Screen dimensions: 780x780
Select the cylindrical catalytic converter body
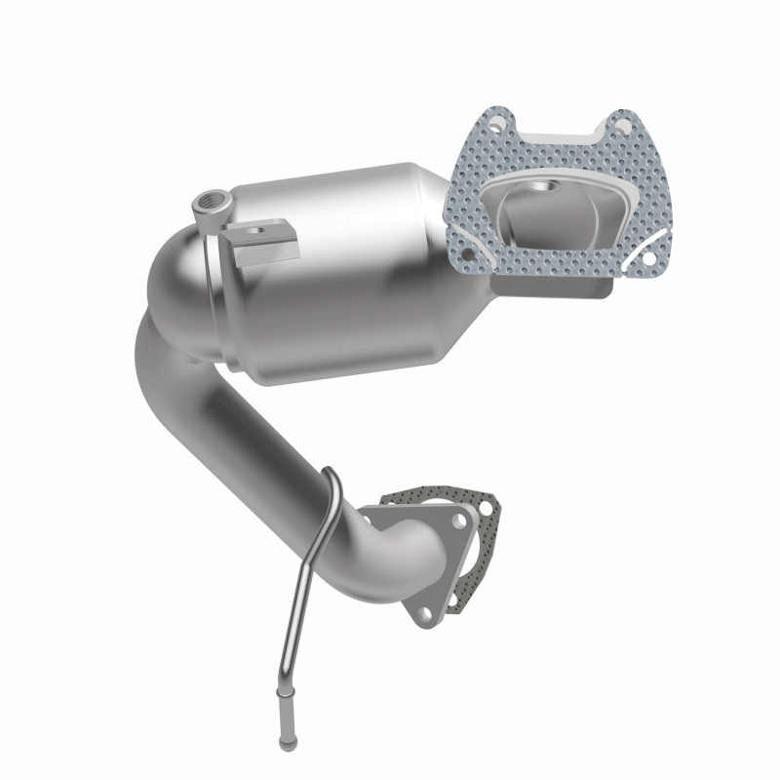(x=331, y=263)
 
